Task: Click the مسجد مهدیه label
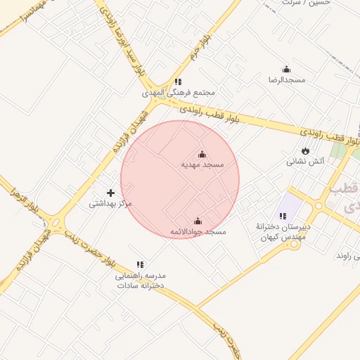[202, 165]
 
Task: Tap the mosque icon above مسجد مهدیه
[202, 154]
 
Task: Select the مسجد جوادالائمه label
[198, 231]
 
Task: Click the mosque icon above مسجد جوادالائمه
[198, 221]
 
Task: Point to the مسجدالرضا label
[286, 79]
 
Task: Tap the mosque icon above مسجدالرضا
[286, 69]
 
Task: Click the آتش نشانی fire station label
[305, 161]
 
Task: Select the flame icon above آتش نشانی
[305, 150]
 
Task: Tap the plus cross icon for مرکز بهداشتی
[110, 193]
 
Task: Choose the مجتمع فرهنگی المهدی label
[178, 93]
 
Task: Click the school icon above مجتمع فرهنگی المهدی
[178, 82]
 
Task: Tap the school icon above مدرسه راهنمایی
[140, 264]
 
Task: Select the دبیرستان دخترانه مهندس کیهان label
[283, 233]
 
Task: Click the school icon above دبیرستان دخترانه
[283, 216]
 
